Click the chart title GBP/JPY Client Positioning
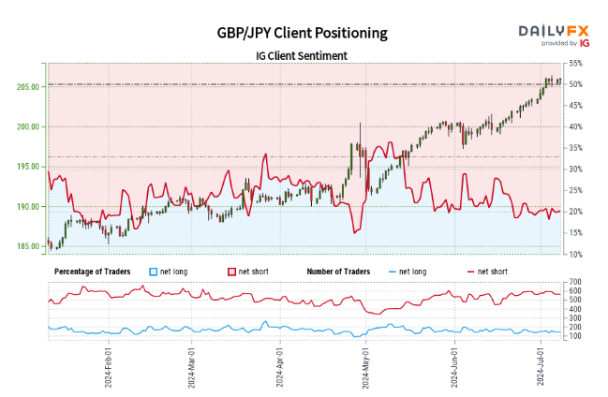tap(301, 33)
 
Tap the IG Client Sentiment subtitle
tap(301, 56)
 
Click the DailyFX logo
tap(555, 34)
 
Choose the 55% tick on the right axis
tap(576, 64)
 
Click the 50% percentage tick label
tap(576, 84)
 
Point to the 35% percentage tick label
tap(576, 148)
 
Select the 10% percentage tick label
tap(576, 255)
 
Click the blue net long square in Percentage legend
tap(155, 272)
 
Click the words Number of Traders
tap(342, 272)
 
